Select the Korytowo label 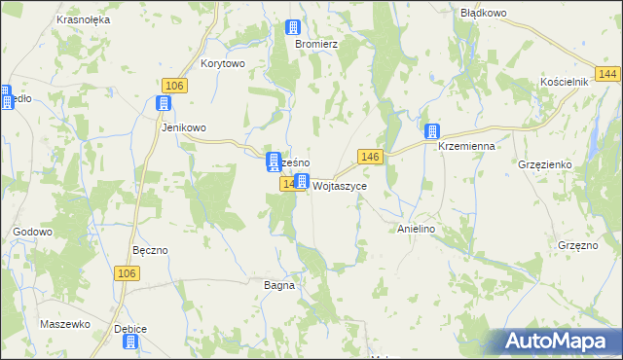coord(223,63)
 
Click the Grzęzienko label coord(552,164)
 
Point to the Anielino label coord(416,229)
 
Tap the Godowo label coord(32,233)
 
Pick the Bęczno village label coord(150,250)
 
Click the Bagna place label coord(279,286)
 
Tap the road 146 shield coord(370,157)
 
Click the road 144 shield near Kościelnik coord(609,75)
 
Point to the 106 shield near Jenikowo coord(174,86)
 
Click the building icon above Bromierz coord(293,28)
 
